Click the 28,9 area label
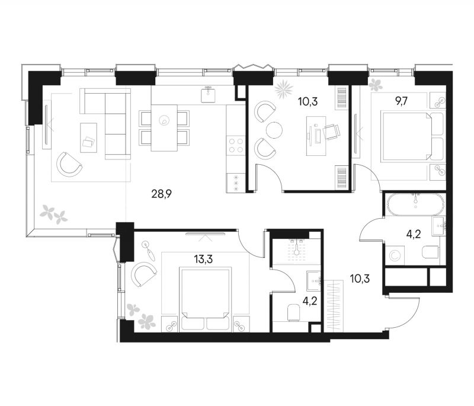(x=161, y=194)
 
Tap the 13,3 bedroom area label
(x=203, y=259)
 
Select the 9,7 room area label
(x=402, y=101)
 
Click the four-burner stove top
(x=236, y=145)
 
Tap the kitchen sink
(x=209, y=94)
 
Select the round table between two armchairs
(x=274, y=130)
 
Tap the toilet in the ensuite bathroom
(x=293, y=312)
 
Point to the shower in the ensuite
(x=297, y=250)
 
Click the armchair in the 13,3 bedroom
(x=144, y=274)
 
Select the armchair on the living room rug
(x=69, y=165)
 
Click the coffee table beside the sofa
(x=88, y=138)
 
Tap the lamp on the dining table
(x=164, y=120)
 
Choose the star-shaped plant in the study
(x=284, y=89)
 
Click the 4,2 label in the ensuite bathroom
(x=310, y=302)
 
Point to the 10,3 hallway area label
(x=360, y=278)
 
